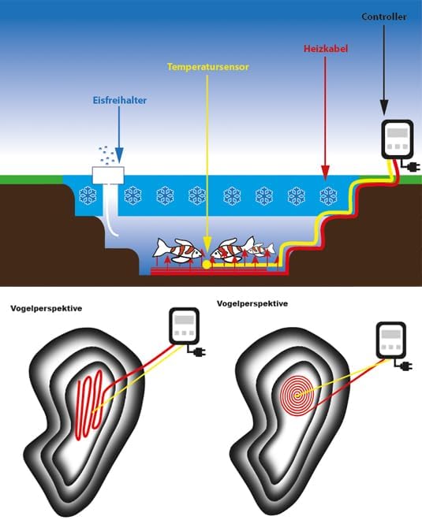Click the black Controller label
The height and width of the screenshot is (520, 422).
point(384,16)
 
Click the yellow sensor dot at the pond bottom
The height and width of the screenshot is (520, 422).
point(207,265)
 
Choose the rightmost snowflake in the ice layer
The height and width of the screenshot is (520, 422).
point(327,194)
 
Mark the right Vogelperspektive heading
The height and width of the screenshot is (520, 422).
point(251,303)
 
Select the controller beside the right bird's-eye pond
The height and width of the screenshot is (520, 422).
point(391,344)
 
